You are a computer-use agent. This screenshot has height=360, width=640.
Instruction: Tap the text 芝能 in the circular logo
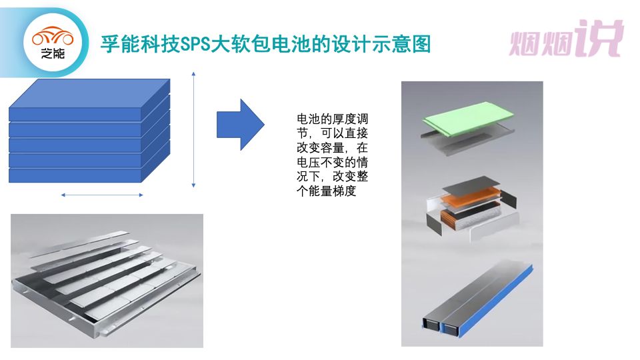coord(53,53)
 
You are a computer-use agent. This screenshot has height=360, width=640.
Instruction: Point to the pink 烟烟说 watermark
coord(566,39)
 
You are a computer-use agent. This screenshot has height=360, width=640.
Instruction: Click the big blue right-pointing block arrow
coord(241,125)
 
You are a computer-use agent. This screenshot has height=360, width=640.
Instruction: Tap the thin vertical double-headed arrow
coord(193,130)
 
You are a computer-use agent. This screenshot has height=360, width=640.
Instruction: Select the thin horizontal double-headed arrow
coord(102,195)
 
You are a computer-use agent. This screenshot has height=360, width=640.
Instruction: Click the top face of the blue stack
coord(89,93)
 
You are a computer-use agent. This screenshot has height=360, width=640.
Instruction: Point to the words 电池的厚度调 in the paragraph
coord(332,119)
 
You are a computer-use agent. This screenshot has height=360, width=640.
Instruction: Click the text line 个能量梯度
coord(327,191)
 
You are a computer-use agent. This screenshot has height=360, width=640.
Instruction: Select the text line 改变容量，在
coord(332,148)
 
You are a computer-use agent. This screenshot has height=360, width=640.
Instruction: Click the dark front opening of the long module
coord(440,325)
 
